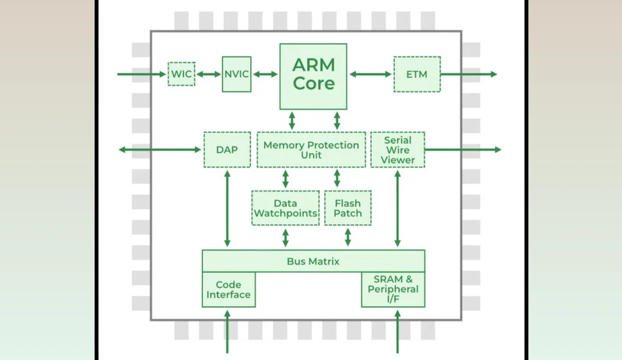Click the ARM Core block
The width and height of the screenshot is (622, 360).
pyautogui.click(x=313, y=77)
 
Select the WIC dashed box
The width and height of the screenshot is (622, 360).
pyautogui.click(x=181, y=74)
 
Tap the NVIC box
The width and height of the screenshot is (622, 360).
pyautogui.click(x=236, y=74)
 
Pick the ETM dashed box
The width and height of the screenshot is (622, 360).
pyautogui.click(x=417, y=74)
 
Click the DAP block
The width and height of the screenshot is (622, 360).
pyautogui.click(x=227, y=149)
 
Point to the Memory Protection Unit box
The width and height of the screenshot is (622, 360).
pyautogui.click(x=312, y=149)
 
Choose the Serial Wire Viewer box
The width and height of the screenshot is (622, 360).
pyautogui.click(x=397, y=149)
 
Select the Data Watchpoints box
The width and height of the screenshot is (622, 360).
pyautogui.click(x=285, y=208)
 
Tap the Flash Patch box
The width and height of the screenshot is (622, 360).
pyautogui.click(x=348, y=208)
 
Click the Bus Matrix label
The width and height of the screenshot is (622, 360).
pyautogui.click(x=313, y=261)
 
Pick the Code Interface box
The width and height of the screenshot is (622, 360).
pyautogui.click(x=229, y=289)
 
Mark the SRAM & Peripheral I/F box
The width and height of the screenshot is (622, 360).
pyautogui.click(x=393, y=289)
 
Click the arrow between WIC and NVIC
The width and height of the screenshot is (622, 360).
pyautogui.click(x=209, y=74)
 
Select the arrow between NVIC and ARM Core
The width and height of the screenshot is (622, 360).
pyautogui.click(x=265, y=74)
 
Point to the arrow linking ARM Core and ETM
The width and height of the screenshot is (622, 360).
pyautogui.click(x=371, y=74)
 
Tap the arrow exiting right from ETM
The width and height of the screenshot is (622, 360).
pyautogui.click(x=469, y=74)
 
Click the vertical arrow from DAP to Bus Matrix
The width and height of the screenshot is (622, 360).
pyautogui.click(x=227, y=209)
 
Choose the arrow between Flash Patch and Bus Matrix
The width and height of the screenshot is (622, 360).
pyautogui.click(x=348, y=237)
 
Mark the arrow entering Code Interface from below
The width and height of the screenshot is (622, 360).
pyautogui.click(x=227, y=331)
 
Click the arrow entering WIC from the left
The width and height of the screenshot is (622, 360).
pyautogui.click(x=141, y=74)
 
